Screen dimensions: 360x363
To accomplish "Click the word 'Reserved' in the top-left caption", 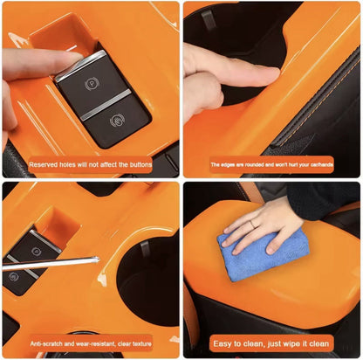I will click(44, 164).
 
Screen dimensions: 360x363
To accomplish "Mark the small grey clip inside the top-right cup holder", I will click(209, 17).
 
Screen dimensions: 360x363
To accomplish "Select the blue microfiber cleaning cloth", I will click(253, 253).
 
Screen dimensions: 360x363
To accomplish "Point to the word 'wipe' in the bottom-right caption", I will click(291, 343).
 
